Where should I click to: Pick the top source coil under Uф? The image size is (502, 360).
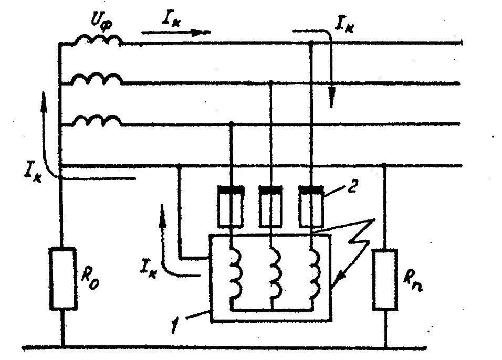tap(97, 40)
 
